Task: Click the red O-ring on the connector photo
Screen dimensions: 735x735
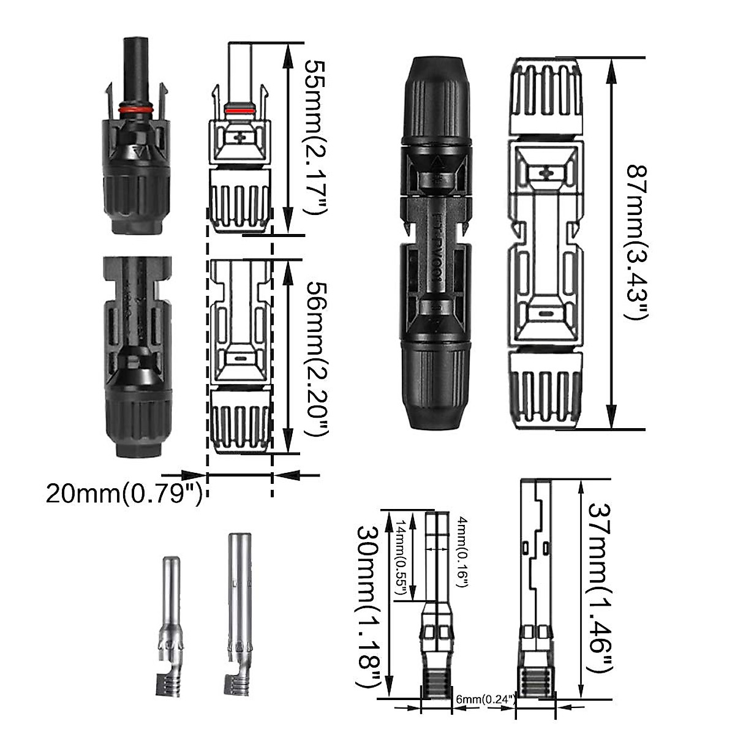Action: coord(135,110)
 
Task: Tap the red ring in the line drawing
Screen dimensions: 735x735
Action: coord(239,110)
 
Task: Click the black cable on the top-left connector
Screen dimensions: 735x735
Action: coord(135,67)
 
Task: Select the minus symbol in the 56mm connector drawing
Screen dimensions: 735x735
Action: coord(239,360)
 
